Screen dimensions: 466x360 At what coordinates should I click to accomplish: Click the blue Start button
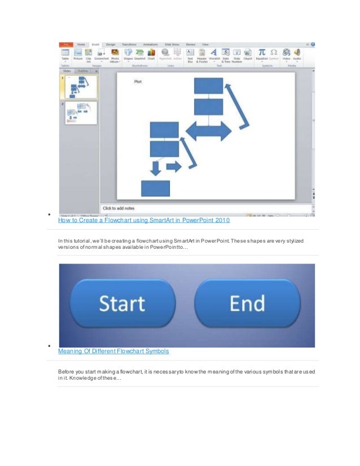pyautogui.click(x=122, y=305)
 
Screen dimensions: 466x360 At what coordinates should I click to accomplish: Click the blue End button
pyautogui.click(x=248, y=304)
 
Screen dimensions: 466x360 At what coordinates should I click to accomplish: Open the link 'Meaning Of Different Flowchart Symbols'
pyautogui.click(x=113, y=351)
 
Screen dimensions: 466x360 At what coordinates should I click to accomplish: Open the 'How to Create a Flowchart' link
pyautogui.click(x=144, y=220)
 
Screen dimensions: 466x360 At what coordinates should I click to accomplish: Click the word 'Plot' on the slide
pyautogui.click(x=138, y=82)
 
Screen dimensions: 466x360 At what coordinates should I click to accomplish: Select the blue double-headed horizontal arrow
pyautogui.click(x=208, y=131)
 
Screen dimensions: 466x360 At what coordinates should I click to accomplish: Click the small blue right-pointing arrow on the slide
pyautogui.click(x=174, y=166)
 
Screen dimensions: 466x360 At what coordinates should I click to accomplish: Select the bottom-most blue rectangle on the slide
pyautogui.click(x=155, y=188)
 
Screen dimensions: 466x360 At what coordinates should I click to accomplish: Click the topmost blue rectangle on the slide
pyautogui.click(x=209, y=86)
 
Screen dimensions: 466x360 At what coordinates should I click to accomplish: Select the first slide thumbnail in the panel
pyautogui.click(x=81, y=87)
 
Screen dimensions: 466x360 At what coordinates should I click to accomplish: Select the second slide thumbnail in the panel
pyautogui.click(x=81, y=113)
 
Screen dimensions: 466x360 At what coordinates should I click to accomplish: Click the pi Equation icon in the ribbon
pyautogui.click(x=262, y=54)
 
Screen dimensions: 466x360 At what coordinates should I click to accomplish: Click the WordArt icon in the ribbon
pyautogui.click(x=214, y=54)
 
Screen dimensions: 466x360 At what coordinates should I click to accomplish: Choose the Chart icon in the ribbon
pyautogui.click(x=151, y=54)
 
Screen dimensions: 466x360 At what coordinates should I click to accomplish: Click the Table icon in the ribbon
pyautogui.click(x=65, y=54)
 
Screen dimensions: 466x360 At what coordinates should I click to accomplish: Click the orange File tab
pyautogui.click(x=65, y=44)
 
